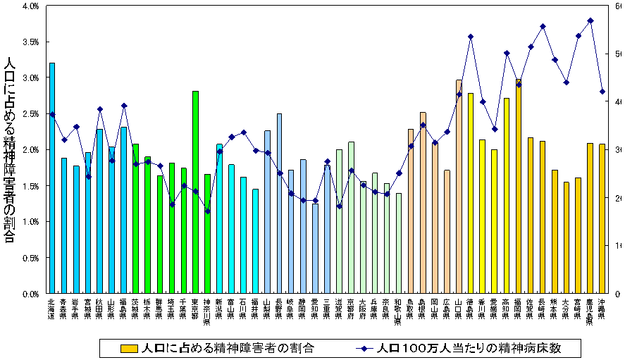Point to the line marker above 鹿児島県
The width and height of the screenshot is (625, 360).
pos(590,20)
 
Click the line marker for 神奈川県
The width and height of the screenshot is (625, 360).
pos(207,211)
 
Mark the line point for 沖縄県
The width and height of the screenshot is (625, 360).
pos(602,92)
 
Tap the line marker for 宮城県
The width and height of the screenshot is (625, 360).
pos(88,177)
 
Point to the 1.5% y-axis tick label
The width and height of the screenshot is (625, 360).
pos(29,186)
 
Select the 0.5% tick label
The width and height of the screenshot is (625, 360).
pos(29,258)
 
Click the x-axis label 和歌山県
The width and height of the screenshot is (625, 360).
pos(399,311)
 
